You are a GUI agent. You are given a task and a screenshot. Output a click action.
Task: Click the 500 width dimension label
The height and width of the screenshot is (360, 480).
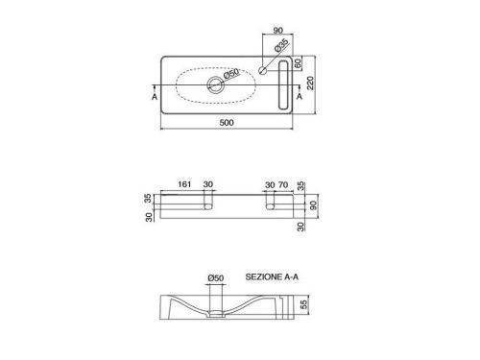tap(227, 122)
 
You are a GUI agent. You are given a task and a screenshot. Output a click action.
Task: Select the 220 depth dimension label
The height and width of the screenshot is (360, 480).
tap(310, 84)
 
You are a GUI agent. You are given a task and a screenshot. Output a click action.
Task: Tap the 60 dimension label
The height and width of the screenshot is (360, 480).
tap(298, 63)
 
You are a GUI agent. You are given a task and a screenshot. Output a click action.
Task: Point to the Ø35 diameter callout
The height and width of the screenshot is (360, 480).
tap(281, 45)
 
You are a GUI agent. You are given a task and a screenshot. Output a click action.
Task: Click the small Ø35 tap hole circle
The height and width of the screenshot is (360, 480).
tap(263, 70)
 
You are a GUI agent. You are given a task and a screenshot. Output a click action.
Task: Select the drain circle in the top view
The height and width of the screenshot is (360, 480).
tap(215, 84)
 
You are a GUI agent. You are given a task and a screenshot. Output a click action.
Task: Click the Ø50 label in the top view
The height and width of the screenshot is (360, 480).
tap(231, 74)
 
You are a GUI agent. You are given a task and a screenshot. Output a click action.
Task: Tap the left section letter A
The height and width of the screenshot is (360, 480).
tap(155, 96)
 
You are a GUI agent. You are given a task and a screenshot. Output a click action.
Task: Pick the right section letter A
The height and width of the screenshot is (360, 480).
tap(300, 96)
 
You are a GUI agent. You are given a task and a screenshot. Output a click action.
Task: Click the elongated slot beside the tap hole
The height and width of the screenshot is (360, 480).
tap(283, 84)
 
